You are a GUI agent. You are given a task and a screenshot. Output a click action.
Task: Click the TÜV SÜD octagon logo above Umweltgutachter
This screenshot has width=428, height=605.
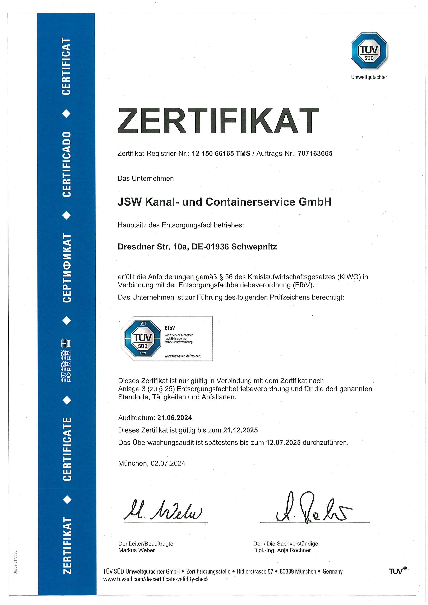point(369,51)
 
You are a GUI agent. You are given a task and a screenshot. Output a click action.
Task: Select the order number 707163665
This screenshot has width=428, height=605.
point(315,153)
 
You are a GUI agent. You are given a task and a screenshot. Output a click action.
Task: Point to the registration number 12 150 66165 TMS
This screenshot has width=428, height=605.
point(221,153)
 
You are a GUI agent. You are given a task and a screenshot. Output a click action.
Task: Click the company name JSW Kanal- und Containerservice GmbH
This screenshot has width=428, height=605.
point(225,202)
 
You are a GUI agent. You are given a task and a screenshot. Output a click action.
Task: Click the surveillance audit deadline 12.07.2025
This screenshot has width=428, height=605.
point(283,442)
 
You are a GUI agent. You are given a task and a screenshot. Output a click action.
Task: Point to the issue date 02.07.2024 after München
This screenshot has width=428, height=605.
point(168,463)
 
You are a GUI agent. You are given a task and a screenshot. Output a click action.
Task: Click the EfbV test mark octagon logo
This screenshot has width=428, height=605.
point(143,338)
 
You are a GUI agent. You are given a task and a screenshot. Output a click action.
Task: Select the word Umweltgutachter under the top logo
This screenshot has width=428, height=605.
point(369,77)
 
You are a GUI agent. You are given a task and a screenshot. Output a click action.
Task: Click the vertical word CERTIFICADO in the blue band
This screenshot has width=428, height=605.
point(67,164)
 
